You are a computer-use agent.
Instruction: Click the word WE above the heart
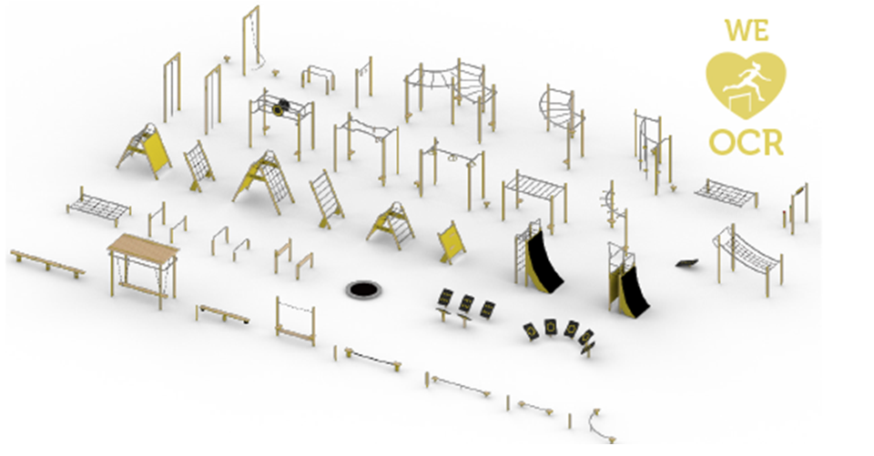tap(747, 30)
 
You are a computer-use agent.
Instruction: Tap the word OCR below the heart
tap(747, 143)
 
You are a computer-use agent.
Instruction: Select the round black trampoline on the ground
tap(363, 289)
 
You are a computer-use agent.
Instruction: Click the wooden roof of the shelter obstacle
tap(143, 245)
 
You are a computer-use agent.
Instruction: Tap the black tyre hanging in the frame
tap(282, 105)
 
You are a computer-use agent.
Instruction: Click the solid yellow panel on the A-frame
tap(155, 149)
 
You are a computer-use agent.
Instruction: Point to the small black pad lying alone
tap(687, 262)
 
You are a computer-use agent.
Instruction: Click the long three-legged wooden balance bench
tap(47, 263)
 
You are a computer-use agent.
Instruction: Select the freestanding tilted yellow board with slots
tap(451, 242)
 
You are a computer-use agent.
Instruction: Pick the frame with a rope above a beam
tap(295, 320)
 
